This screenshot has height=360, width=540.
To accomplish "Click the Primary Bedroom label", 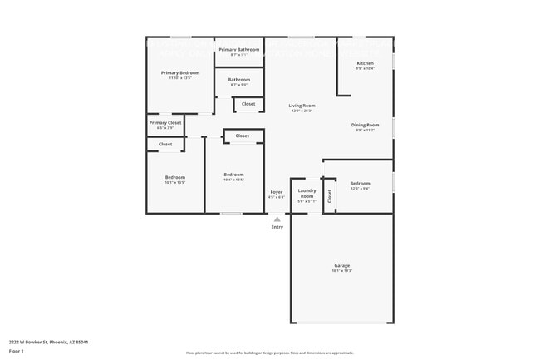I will point(180,72).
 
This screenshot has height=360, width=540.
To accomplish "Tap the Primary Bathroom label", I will point(239,49).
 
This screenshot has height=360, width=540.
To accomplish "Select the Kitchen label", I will point(365,63).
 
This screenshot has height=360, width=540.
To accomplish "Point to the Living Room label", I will point(302,106).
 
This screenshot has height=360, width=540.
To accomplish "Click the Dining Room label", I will point(365,125).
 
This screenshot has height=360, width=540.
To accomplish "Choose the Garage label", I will point(342,266).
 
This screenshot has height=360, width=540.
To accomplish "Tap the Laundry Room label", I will point(307,195).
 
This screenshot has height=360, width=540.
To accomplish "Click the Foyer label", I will point(277,192).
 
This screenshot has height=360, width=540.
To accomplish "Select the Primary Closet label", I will point(165,123).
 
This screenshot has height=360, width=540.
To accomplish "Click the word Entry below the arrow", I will point(277,227).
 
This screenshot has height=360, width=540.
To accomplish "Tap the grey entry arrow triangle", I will point(277,219).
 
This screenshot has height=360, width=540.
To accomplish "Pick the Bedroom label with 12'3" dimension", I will point(360,183).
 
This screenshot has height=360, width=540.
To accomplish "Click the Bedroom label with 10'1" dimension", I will point(174,177).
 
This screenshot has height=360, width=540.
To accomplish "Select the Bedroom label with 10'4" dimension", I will point(233,174).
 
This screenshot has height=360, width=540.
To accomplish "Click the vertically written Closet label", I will point(329,196).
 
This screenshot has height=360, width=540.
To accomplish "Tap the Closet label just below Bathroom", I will point(248,104).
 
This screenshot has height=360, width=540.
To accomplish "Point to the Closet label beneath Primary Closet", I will point(165,144).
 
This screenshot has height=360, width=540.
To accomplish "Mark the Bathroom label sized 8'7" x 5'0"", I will point(239,80).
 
